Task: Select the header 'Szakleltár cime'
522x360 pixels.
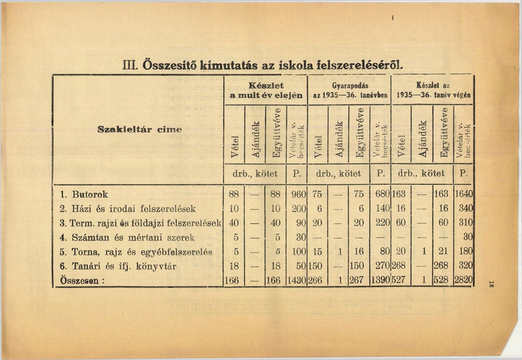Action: click(x=140, y=130)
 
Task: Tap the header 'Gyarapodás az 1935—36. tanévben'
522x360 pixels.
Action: click(x=350, y=90)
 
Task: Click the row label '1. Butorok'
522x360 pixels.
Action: click(x=84, y=194)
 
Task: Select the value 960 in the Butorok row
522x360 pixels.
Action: click(x=299, y=194)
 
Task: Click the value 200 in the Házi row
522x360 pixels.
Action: click(x=299, y=209)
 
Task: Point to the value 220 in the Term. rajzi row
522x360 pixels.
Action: click(x=382, y=223)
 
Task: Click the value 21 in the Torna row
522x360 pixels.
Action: click(x=443, y=252)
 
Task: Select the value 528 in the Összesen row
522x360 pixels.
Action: click(x=441, y=280)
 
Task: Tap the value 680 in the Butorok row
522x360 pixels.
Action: click(x=382, y=194)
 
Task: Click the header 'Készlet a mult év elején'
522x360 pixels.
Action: click(x=266, y=90)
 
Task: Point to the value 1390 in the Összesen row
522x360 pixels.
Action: click(x=380, y=280)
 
